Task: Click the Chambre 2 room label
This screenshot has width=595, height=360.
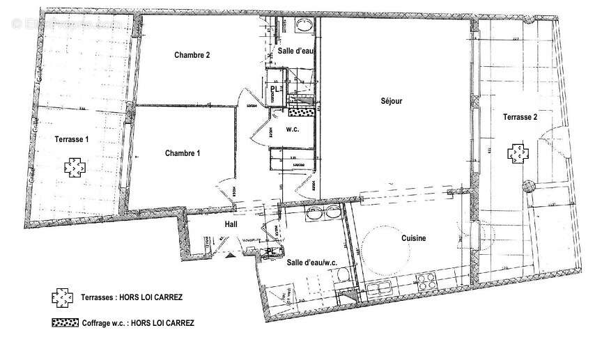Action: point(192,55)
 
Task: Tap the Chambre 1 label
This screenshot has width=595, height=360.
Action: point(183,153)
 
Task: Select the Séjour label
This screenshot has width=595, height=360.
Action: point(392,101)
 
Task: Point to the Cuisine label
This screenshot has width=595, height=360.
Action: point(413,238)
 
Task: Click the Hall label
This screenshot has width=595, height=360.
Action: point(231,225)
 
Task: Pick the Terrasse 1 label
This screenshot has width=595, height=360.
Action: point(72,139)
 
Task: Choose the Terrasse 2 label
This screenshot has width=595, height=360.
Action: point(520,118)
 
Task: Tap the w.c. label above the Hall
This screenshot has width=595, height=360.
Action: point(292,129)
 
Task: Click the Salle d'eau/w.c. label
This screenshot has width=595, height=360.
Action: point(312,262)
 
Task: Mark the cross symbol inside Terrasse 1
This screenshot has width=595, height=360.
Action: point(72,166)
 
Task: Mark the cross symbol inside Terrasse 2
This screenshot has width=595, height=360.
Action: point(517,153)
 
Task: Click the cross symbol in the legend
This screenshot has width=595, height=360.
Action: point(61,297)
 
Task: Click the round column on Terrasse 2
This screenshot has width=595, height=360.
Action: point(528,186)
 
